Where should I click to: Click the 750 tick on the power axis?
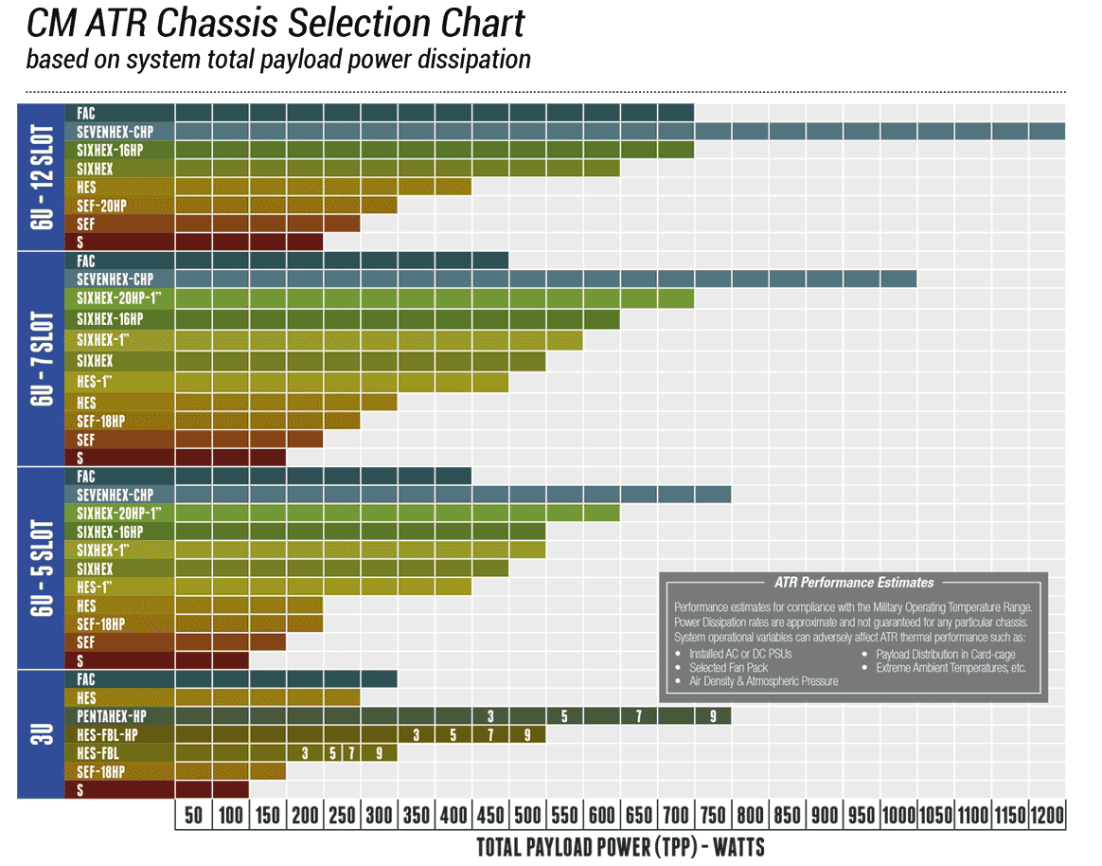[x=713, y=816]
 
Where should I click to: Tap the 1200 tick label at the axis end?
[x=1047, y=816]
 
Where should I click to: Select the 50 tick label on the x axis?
[x=194, y=816]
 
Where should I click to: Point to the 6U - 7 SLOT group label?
[x=41, y=358]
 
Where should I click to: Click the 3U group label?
[x=41, y=734]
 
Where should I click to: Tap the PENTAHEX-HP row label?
[x=112, y=716]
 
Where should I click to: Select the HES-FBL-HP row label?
[x=112, y=734]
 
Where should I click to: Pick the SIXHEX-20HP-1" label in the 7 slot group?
[x=119, y=298]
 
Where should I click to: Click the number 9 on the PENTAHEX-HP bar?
[x=713, y=716]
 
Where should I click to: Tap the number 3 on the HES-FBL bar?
[x=305, y=753]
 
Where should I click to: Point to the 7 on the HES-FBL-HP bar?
[x=490, y=734]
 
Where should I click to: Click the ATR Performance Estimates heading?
[x=853, y=583]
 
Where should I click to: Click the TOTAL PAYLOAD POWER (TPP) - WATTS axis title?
[x=620, y=846]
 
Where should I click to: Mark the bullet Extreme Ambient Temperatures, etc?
[x=951, y=667]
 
